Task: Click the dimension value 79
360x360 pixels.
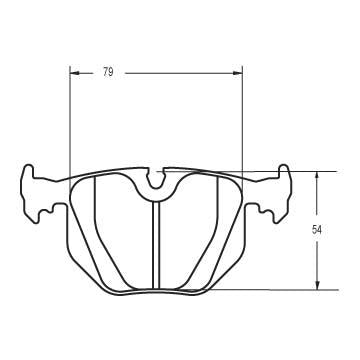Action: pos(108,72)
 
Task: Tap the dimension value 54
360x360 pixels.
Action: pos(317,230)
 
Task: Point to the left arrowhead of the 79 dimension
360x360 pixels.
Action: pos(73,72)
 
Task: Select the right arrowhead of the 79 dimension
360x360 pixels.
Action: pos(239,72)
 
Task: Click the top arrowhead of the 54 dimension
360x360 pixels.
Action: pos(317,173)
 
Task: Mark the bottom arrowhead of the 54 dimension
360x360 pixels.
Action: pos(317,285)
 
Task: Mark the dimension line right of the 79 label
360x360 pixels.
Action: pos(180,72)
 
